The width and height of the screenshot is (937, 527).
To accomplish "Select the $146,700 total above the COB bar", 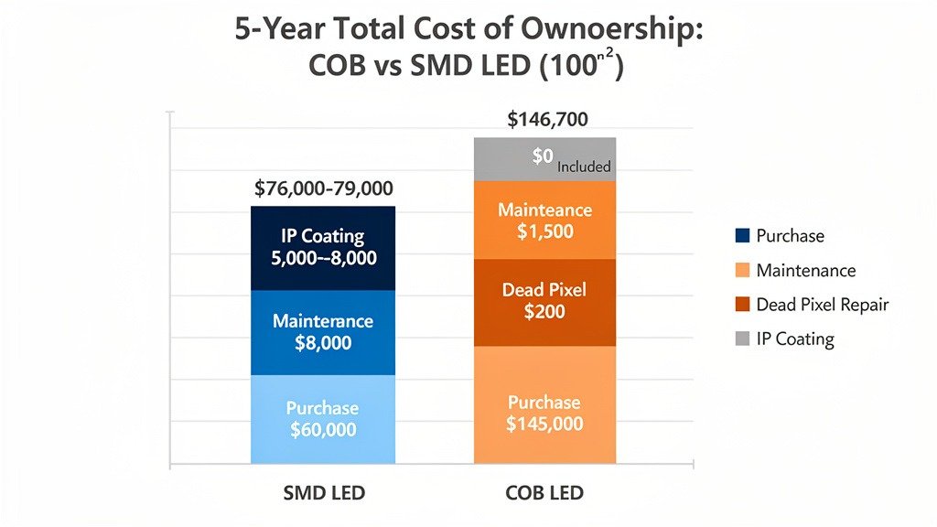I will coord(547,119).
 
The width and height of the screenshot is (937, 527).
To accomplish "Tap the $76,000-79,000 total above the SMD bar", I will coord(323,188).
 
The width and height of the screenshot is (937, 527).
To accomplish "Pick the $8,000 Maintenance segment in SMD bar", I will coord(323,333).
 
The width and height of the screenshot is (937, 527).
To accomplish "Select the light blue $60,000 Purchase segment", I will coord(323,419).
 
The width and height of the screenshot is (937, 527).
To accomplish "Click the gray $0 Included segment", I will coord(545,159).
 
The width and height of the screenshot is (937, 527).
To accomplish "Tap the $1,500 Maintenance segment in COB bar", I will coord(545,220).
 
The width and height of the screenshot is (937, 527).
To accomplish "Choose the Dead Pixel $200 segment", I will coord(545,302).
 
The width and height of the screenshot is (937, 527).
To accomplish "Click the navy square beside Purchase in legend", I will coord(742,236).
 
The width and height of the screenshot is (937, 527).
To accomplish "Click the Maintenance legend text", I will coord(805,271).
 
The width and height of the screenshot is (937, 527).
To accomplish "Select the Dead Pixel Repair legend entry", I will coord(822,305).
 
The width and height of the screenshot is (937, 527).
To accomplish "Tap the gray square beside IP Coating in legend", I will coord(742,339).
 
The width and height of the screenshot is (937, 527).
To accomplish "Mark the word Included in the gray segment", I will coord(584,167).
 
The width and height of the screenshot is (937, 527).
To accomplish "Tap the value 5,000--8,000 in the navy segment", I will coord(323,258).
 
